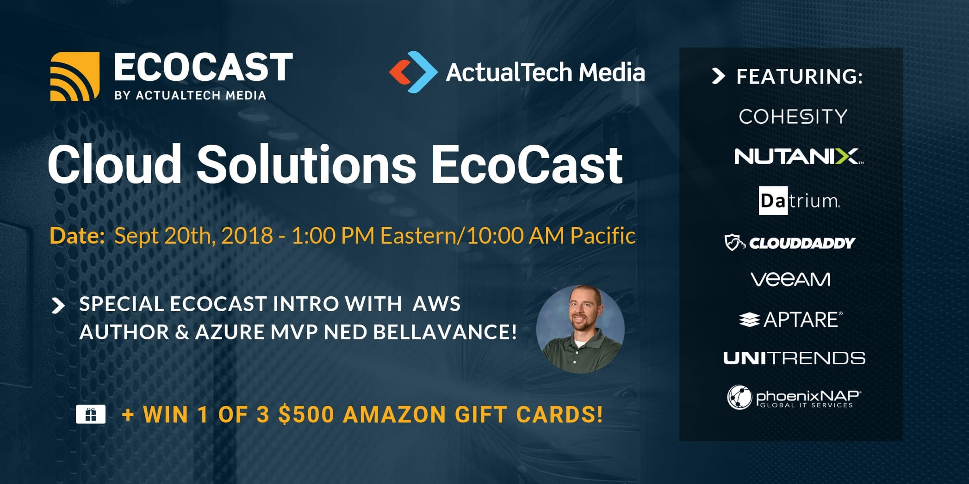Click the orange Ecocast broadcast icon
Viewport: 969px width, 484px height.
(75, 76)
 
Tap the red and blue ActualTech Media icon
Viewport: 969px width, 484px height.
(413, 72)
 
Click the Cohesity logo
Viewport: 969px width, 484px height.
(793, 117)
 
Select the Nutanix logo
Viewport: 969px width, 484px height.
(798, 157)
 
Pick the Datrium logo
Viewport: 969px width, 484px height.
(799, 201)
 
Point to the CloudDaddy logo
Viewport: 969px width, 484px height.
(790, 243)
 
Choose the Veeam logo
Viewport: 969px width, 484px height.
(790, 279)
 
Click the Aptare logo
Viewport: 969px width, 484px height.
(791, 319)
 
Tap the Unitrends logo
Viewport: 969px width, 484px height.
(794, 358)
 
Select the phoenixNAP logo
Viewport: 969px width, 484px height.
(794, 398)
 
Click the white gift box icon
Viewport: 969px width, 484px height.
(91, 414)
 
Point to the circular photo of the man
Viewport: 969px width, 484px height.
(580, 329)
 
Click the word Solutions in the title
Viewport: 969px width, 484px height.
(306, 165)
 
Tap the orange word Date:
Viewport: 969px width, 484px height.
(77, 236)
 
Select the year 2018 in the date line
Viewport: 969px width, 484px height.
(247, 236)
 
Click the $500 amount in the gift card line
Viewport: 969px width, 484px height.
(306, 414)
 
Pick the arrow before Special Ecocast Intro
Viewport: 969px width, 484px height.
(58, 305)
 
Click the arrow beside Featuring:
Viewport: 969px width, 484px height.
(718, 76)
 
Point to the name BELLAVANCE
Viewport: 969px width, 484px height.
(445, 332)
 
